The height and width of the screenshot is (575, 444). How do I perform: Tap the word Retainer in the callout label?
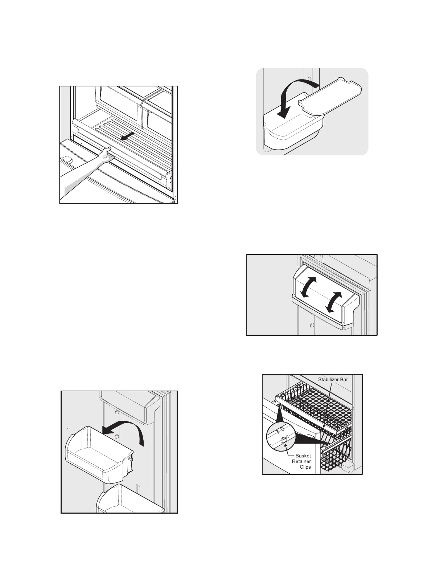pyautogui.click(x=301, y=461)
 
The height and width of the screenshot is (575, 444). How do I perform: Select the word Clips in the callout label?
pyautogui.click(x=305, y=467)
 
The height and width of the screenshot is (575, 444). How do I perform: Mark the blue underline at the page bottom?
pyautogui.click(x=73, y=572)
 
